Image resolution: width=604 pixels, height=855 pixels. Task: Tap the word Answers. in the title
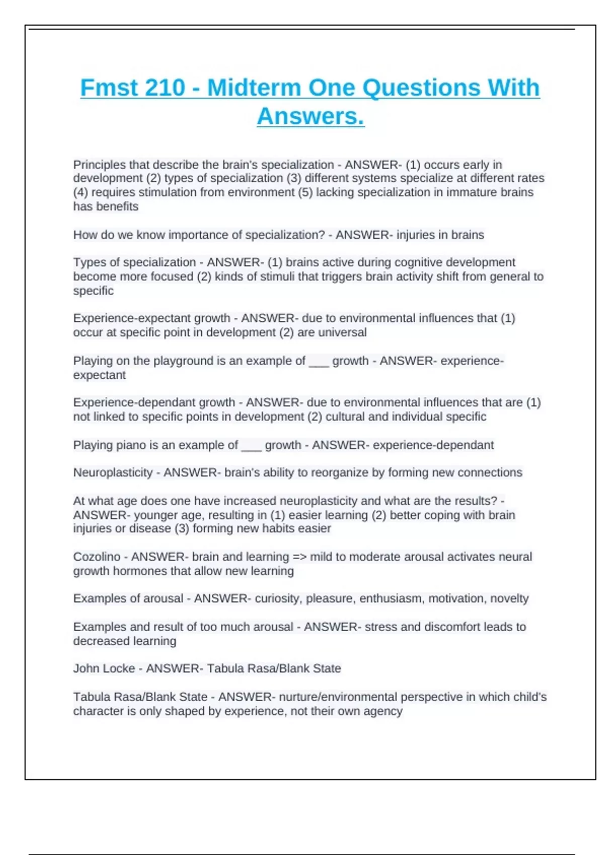tap(311, 117)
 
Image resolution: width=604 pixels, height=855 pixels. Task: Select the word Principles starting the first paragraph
tap(99, 165)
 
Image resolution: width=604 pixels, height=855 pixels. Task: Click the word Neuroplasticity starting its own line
tap(113, 473)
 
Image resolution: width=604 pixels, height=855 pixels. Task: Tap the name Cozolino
tap(97, 557)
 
